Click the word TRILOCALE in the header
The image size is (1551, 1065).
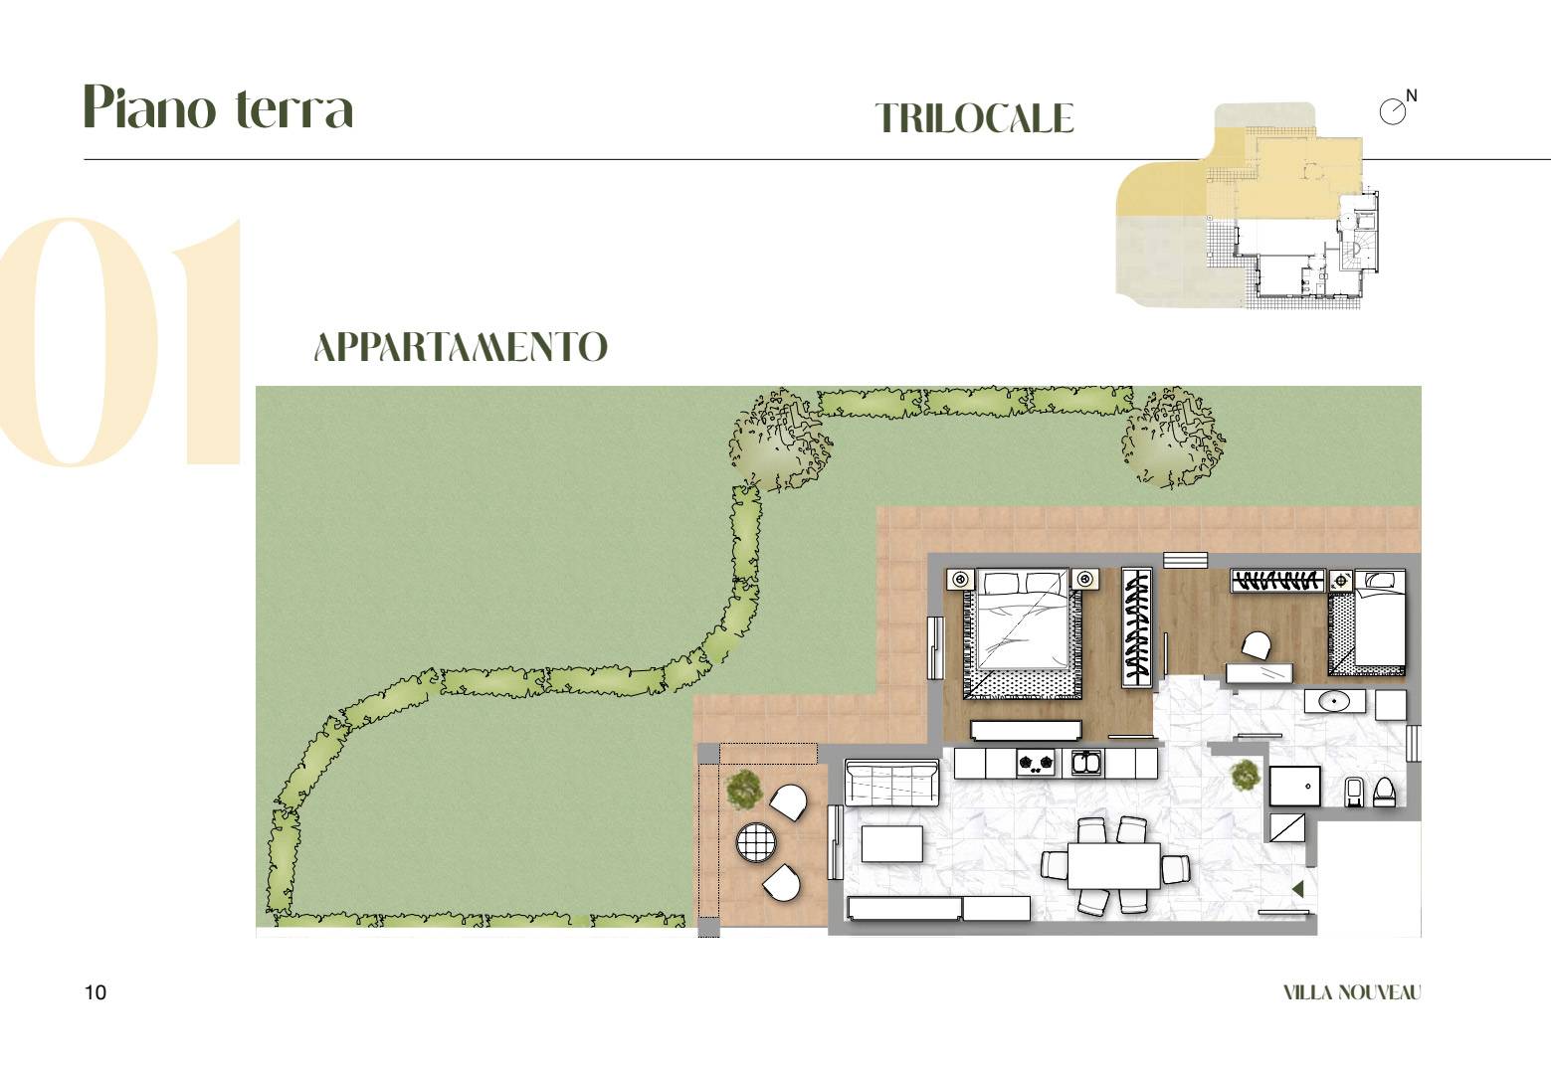coord(974,117)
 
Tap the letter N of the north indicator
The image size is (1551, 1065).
coord(1411,95)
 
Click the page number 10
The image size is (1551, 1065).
coord(95,992)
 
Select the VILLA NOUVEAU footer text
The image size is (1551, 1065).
coord(1351,992)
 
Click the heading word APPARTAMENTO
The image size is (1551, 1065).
coord(461,347)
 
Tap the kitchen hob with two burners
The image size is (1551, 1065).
coord(1036,763)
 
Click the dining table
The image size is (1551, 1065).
coord(1113,866)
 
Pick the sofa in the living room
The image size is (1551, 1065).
coord(891,784)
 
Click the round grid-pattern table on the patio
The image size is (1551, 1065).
coord(756,841)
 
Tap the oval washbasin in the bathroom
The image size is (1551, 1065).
coord(1333,702)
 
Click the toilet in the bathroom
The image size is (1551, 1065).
coord(1384,792)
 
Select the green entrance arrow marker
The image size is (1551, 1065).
coord(1298,889)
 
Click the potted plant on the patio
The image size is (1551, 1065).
coord(743,790)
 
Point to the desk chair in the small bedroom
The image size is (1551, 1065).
coord(1257,645)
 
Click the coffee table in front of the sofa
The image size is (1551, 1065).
coord(891,843)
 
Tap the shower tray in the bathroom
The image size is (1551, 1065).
coord(1294,786)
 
